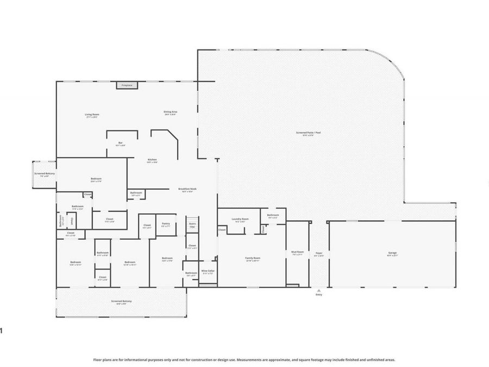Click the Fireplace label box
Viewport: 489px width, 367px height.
(x=127, y=85)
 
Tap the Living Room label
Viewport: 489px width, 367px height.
(x=92, y=115)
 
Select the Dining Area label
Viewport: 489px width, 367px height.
(x=170, y=113)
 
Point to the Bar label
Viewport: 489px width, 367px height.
(x=120, y=144)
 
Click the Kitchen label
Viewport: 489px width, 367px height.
(x=153, y=160)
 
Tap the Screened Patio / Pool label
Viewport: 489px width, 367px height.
(x=304, y=133)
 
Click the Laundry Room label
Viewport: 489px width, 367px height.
(x=240, y=220)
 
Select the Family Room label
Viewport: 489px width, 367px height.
(x=253, y=258)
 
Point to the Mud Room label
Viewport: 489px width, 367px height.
(x=297, y=253)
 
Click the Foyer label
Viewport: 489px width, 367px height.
(x=319, y=253)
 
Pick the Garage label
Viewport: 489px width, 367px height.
(x=392, y=253)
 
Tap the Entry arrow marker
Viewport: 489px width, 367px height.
(x=319, y=291)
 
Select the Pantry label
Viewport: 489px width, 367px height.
(x=166, y=224)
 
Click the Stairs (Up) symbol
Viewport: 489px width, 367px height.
(x=192, y=225)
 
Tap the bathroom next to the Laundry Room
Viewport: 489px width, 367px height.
(x=273, y=215)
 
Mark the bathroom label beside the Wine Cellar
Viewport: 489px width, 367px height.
(x=191, y=273)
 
